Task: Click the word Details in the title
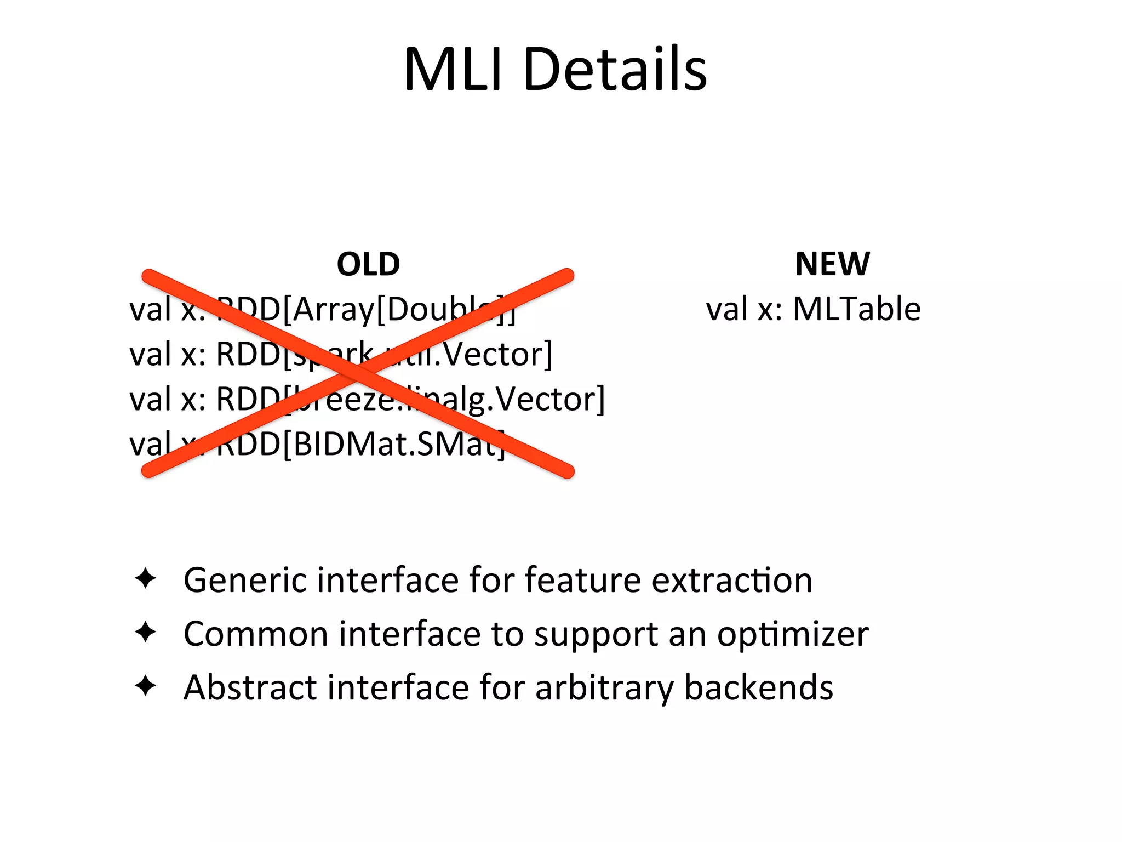615,70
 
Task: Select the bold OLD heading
368,264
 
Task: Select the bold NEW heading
832,264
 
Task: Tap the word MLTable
856,309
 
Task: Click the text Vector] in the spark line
497,355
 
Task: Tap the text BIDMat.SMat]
399,445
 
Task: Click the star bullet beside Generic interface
145,579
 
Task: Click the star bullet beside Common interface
145,633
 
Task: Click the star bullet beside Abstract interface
145,686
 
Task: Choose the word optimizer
793,635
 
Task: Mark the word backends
759,687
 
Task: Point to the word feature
583,580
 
